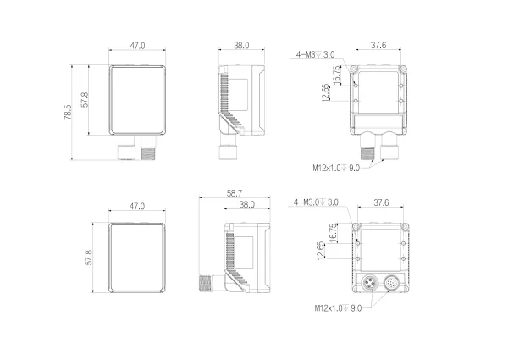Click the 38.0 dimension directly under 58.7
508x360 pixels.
pyautogui.click(x=247, y=205)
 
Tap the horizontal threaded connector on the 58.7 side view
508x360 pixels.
pyautogui.click(x=205, y=283)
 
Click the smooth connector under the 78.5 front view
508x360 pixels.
pyautogui.click(x=124, y=150)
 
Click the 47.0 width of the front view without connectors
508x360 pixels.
pyautogui.click(x=135, y=207)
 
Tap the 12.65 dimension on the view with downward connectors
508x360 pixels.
pyautogui.click(x=326, y=91)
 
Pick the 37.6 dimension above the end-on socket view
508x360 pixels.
pyautogui.click(x=381, y=202)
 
